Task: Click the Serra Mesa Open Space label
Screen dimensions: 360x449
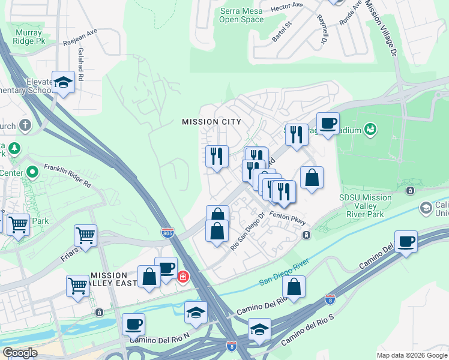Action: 241,15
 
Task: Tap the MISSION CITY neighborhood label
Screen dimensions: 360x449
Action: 211,122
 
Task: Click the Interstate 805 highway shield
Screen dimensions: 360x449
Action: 168,231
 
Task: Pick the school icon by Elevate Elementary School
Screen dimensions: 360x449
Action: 63,82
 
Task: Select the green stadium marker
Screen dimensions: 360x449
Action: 370,128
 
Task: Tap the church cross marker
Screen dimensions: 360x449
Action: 25,125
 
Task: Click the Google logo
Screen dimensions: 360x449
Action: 20,353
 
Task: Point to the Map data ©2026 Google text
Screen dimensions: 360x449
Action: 412,355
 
